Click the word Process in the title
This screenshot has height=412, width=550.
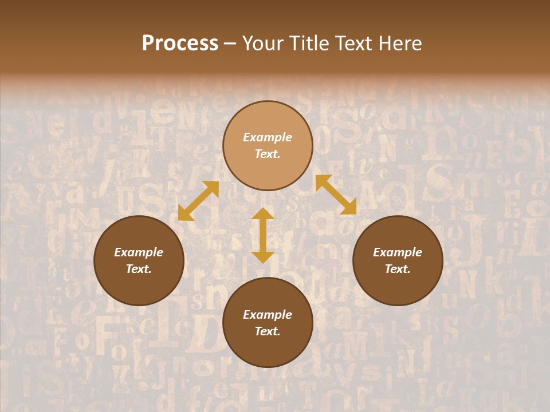pos(180,43)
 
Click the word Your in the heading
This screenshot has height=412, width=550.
pos(262,43)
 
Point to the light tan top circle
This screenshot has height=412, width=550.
pos(268,166)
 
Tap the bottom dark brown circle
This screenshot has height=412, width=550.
pos(268,349)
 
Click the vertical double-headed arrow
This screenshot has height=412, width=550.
pos(263,236)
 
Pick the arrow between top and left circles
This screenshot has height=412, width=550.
pos(198,201)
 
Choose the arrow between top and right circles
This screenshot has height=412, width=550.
pos(336,195)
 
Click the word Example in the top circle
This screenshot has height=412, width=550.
pos(268,137)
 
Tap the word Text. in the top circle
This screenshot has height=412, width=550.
pos(268,154)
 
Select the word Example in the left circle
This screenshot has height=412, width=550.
pos(139,252)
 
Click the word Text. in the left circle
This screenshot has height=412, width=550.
pos(139,269)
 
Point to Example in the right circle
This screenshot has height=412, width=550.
pos(398,252)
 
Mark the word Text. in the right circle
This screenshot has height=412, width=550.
pos(398,269)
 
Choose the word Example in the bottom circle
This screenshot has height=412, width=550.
pos(268,315)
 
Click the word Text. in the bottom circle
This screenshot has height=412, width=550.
pos(268,331)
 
